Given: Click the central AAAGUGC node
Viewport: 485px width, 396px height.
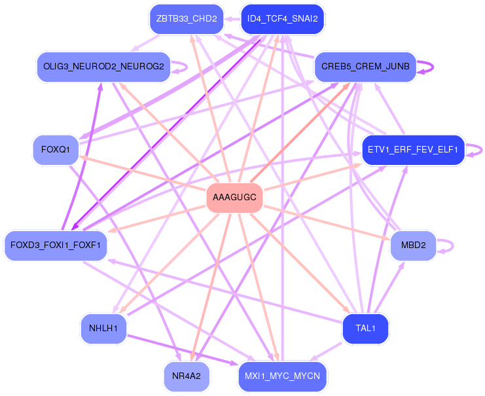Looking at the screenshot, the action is [234, 198].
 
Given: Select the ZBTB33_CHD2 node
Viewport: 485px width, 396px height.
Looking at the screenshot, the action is [187, 19].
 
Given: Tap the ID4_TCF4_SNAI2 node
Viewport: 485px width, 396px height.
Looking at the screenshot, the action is [282, 19].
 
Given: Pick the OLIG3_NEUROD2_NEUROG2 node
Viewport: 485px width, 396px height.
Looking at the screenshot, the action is [103, 67].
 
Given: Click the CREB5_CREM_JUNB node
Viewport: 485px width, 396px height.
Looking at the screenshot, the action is [365, 67].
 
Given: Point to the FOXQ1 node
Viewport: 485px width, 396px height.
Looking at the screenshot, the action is [56, 150].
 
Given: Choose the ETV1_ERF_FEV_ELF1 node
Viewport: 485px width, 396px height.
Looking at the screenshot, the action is [413, 150].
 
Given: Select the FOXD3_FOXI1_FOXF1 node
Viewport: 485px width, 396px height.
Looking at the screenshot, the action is [56, 245].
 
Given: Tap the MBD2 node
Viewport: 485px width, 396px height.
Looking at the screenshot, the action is [413, 245].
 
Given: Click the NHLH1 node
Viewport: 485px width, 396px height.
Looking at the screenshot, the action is [103, 329].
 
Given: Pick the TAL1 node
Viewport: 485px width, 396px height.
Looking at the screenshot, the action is [365, 329].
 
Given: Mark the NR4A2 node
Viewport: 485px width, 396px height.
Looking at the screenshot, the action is [187, 376].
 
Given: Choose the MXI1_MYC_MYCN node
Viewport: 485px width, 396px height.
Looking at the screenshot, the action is [282, 376].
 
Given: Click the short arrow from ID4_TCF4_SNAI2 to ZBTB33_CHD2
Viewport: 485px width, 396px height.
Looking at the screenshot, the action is [232, 19].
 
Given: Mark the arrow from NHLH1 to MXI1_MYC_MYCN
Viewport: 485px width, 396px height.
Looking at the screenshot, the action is [183, 350].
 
